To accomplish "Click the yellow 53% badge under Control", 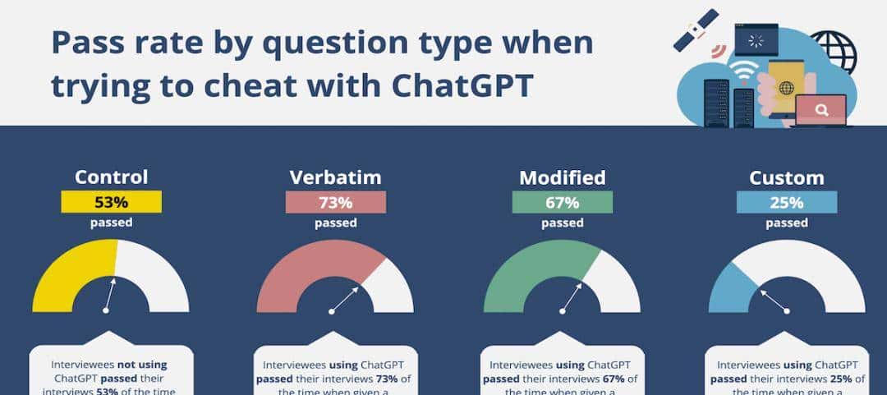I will [x=111, y=202].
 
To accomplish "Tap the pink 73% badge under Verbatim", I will [x=334, y=202].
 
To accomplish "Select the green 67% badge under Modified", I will [x=562, y=202].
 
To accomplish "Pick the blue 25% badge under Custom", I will [x=787, y=202].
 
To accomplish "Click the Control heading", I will [x=111, y=177].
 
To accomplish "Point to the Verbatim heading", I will [x=335, y=177].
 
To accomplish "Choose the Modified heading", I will [x=562, y=177].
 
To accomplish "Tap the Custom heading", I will [x=787, y=177].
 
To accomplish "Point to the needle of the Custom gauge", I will [x=774, y=300].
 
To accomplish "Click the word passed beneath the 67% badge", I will [x=562, y=223].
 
